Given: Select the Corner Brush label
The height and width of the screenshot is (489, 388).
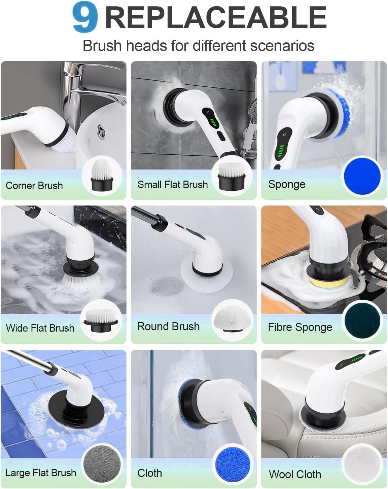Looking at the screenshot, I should (34, 185).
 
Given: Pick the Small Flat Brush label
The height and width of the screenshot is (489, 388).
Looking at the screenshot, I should (172, 184).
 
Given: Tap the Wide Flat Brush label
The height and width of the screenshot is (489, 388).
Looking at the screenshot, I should (40, 328).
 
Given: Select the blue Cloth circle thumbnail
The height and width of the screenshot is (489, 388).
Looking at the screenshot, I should (232, 464).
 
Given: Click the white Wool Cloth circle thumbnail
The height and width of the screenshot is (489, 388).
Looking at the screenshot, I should (362, 464).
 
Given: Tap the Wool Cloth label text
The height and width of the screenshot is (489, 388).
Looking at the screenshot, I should (295, 474).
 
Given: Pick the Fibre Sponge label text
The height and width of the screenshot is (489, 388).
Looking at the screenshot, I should (300, 327).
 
